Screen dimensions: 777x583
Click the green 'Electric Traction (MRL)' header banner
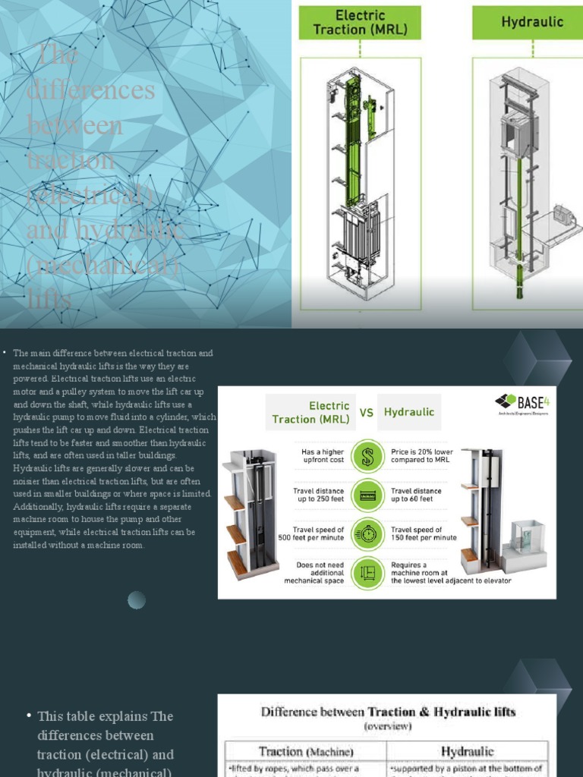[360, 23]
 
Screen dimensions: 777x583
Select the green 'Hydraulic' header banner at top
[531, 23]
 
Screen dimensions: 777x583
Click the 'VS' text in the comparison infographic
[367, 413]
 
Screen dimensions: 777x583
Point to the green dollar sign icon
[367, 456]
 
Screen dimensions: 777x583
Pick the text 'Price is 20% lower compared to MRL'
[422, 456]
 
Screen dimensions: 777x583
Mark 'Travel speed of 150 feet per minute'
[424, 533]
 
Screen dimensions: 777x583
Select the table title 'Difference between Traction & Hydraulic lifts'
[388, 712]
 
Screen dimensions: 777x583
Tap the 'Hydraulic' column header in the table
[467, 751]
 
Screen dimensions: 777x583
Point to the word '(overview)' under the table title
[388, 726]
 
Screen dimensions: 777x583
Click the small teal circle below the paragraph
[137, 600]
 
